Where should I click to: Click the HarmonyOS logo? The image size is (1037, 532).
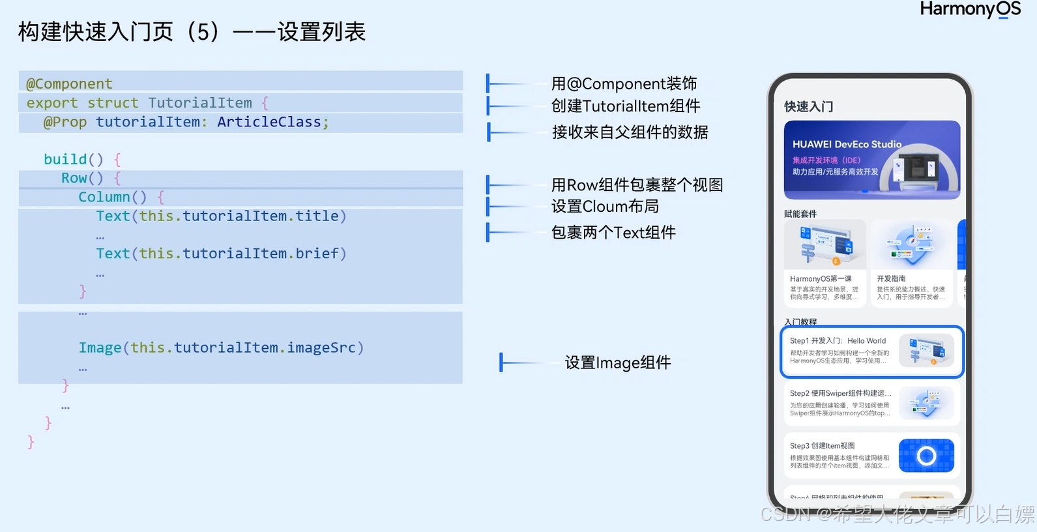point(970,9)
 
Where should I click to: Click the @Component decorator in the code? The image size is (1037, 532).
point(69,84)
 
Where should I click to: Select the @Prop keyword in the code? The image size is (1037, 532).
point(65,122)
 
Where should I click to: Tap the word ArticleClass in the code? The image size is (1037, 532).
point(269,122)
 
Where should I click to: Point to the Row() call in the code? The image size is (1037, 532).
point(82,178)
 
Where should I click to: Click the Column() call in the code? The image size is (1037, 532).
point(112,197)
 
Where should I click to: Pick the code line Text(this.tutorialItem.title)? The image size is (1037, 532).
point(221,216)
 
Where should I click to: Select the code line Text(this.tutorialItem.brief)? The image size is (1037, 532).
point(221,254)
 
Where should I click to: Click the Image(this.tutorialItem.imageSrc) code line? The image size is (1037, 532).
point(221,347)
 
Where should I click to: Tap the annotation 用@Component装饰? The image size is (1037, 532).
point(624,83)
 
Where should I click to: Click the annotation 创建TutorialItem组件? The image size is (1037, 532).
point(626,106)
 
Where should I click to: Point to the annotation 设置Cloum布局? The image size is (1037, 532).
point(605,207)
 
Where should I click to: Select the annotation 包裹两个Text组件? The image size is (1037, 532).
point(613,232)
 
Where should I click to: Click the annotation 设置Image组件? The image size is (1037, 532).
point(617,362)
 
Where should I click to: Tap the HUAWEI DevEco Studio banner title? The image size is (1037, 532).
point(847,144)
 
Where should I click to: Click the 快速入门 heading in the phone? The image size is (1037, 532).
point(808,106)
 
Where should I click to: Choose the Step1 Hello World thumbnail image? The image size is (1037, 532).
point(926,351)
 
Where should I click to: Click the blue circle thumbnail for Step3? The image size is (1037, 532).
point(926,455)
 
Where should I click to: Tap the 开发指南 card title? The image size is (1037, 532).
point(891,278)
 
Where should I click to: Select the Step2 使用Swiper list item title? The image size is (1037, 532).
point(840,393)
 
